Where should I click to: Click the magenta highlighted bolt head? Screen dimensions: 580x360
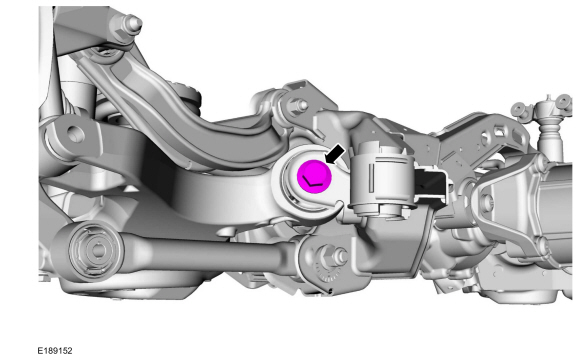(314, 176)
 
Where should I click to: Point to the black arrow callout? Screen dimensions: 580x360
(335, 154)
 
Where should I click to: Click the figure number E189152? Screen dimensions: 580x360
(55, 350)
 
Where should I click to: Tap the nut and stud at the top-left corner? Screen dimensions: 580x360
(132, 24)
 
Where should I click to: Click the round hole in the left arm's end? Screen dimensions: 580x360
(74, 134)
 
